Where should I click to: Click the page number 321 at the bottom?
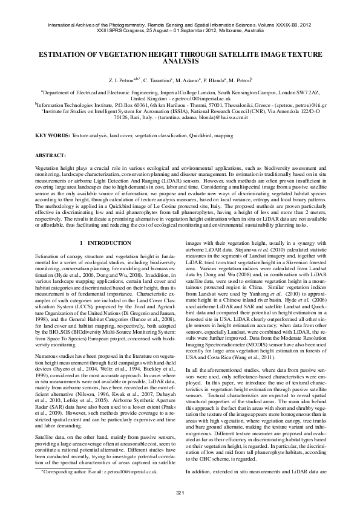tap(180, 493)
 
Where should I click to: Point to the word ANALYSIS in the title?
tap(180, 62)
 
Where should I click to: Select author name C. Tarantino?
tap(158, 80)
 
